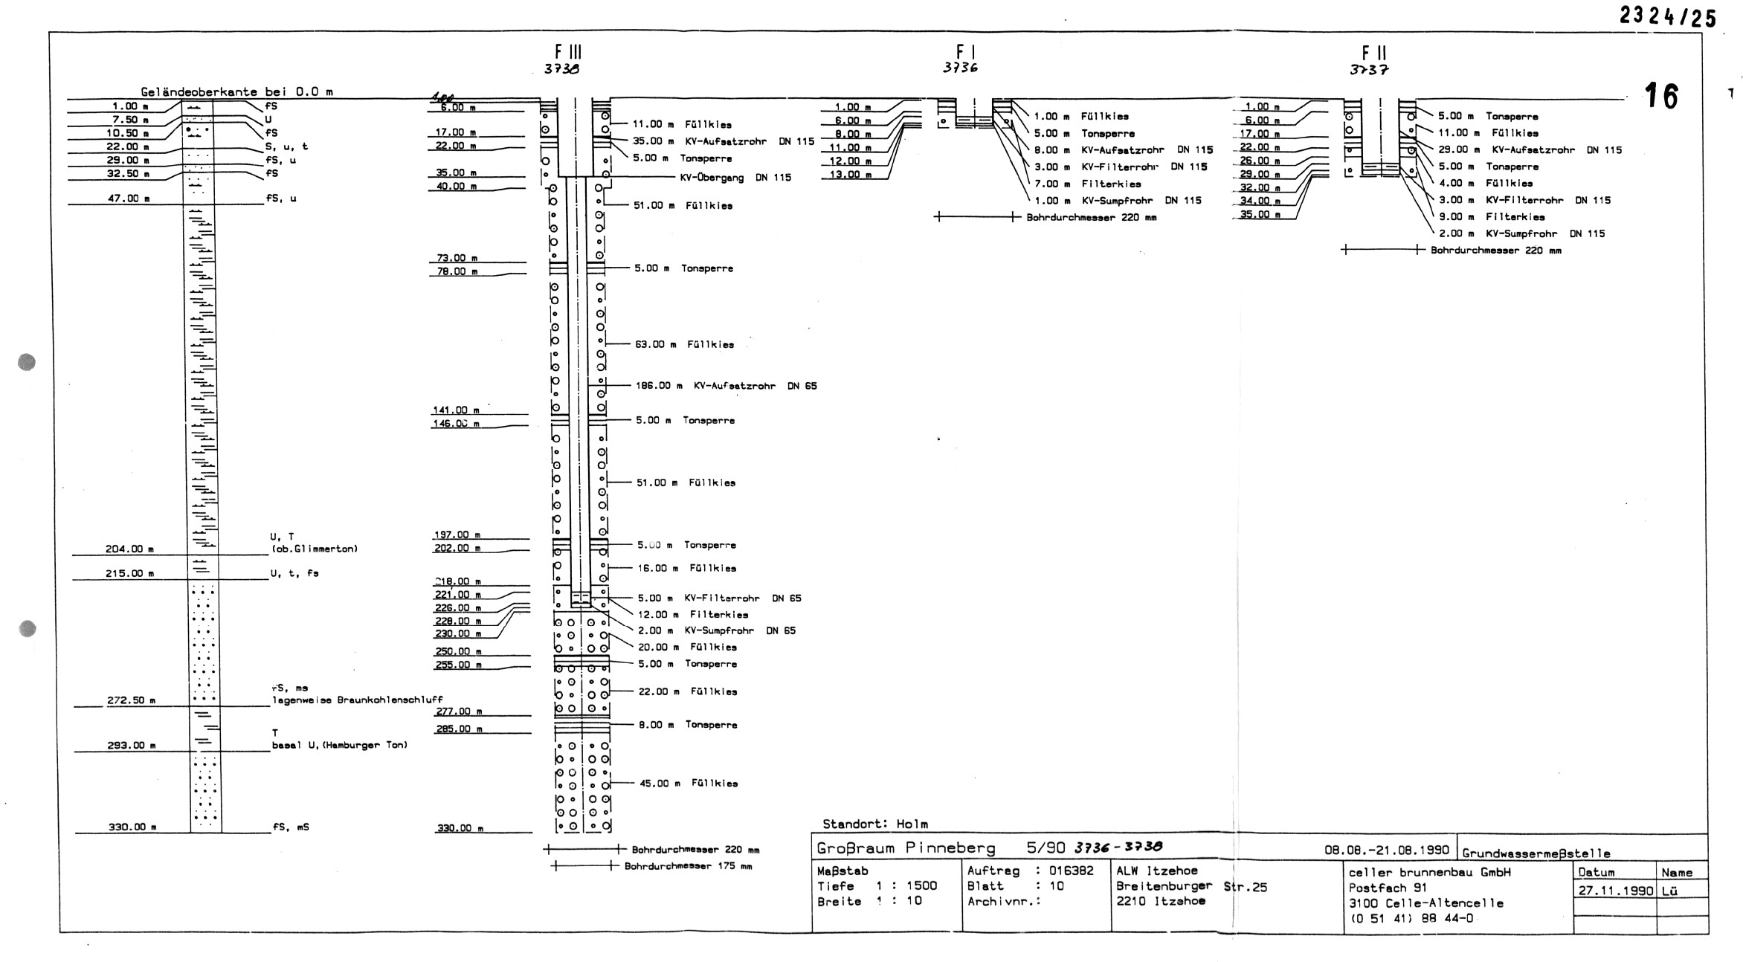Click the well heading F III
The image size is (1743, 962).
568,52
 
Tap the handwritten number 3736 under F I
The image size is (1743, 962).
959,68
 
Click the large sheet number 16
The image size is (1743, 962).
1660,97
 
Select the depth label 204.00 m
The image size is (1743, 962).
129,549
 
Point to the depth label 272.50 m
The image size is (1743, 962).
131,700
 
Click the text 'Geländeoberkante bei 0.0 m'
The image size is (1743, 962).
236,92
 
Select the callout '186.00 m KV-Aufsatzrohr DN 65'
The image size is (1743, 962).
726,386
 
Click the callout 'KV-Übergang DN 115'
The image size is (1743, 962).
735,178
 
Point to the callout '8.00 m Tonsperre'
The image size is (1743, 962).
688,725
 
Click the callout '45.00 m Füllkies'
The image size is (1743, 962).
689,784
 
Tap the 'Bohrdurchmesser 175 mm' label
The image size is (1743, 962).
688,866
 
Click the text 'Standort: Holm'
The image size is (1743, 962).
874,824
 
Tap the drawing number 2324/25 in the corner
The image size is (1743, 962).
1667,16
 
